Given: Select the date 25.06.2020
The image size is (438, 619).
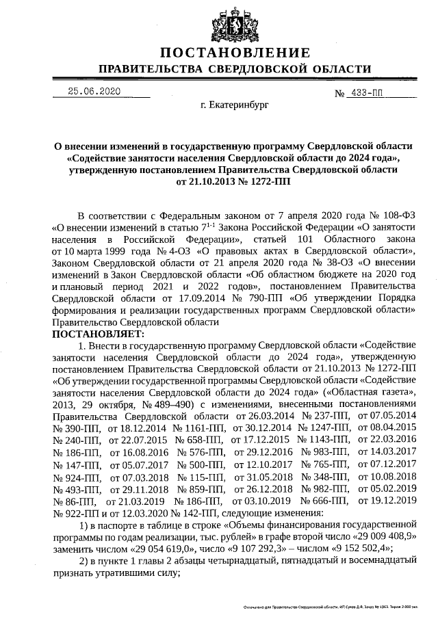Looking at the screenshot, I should coord(93,92).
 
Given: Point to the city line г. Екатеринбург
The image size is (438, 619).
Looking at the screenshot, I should coord(235,107).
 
